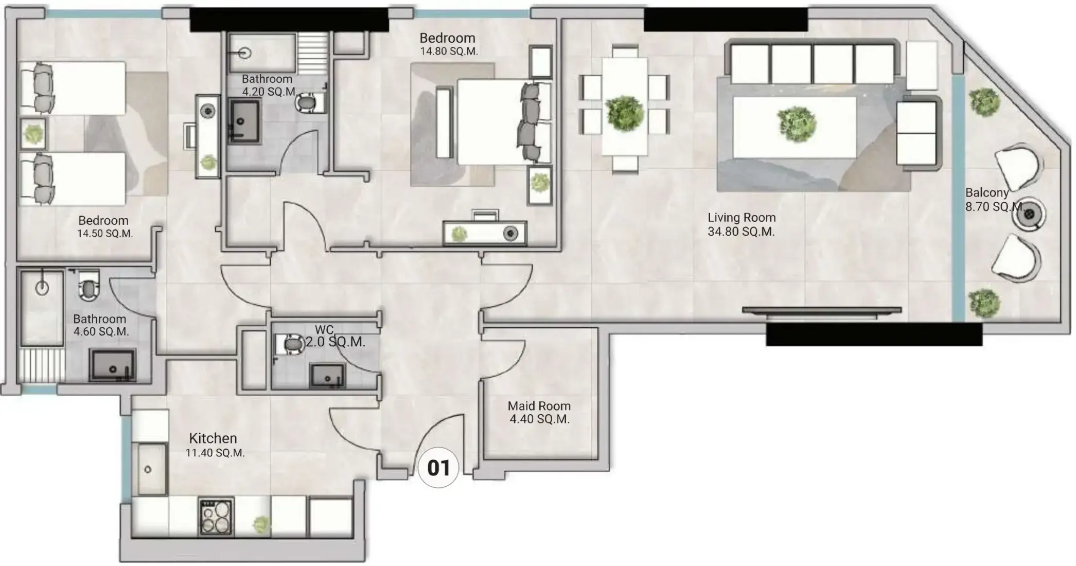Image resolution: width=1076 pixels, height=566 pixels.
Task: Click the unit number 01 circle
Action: (x=438, y=467)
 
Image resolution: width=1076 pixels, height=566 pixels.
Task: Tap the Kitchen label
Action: (x=213, y=438)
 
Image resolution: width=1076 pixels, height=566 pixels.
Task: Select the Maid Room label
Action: (x=539, y=406)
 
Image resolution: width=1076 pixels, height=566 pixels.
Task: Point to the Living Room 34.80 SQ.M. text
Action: (x=742, y=225)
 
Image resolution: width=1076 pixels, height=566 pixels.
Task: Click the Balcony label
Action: (x=986, y=193)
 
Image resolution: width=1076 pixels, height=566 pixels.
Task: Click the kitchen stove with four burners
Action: (x=216, y=517)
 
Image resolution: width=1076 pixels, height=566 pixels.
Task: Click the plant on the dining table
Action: (x=625, y=113)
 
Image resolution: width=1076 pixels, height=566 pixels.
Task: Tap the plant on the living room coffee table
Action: (x=797, y=123)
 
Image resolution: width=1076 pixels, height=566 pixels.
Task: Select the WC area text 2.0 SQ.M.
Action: (x=336, y=342)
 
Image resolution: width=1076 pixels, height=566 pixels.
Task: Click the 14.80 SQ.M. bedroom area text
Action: (x=449, y=51)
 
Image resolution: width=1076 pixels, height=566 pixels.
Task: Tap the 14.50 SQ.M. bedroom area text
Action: (x=105, y=234)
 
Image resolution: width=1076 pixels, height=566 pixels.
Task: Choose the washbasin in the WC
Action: (x=327, y=376)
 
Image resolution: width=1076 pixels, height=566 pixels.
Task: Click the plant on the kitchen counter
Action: (x=261, y=524)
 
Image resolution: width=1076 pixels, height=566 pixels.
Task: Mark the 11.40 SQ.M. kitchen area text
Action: (x=215, y=453)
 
